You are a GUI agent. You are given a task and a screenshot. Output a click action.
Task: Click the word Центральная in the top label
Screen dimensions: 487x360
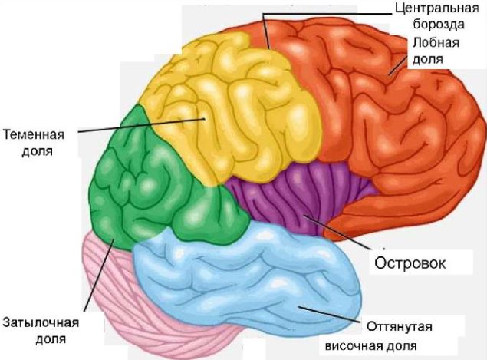pos(437,8)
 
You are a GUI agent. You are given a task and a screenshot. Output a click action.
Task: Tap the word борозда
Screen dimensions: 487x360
pos(439,25)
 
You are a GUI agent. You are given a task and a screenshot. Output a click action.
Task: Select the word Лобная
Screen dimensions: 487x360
pos(436,42)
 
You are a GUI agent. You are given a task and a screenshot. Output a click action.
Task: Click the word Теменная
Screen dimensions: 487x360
pos(34,135)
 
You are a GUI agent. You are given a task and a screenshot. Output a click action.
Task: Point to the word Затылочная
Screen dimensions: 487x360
pos(41,322)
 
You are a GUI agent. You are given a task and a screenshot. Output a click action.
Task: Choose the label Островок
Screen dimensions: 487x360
pos(410,263)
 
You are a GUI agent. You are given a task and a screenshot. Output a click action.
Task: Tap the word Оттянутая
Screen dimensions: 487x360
pos(400,327)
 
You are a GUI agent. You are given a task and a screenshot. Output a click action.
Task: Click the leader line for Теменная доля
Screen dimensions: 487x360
pos(141,125)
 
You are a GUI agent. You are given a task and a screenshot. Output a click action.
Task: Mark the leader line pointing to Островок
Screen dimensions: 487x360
pos(337,232)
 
